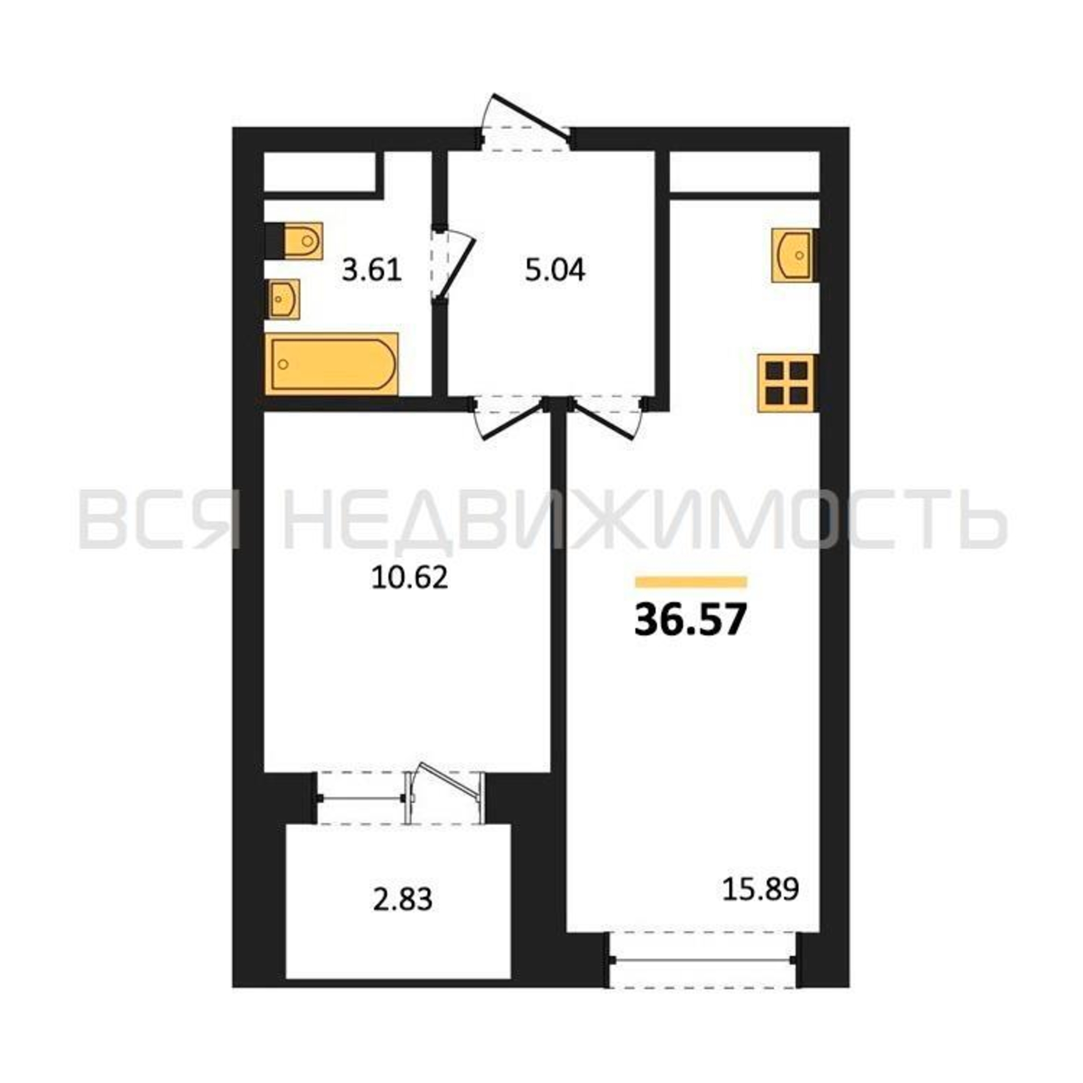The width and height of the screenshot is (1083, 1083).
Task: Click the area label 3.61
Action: coord(372,271)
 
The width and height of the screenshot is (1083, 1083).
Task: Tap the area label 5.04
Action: coord(555,271)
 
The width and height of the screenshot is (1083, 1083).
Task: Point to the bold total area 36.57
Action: coord(690,621)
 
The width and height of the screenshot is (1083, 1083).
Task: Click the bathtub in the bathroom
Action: coord(332,363)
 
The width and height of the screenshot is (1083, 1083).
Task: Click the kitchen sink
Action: coord(793,255)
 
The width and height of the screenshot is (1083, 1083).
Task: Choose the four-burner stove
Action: coord(786,383)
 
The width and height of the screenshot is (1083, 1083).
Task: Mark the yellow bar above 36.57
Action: coord(690,582)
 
